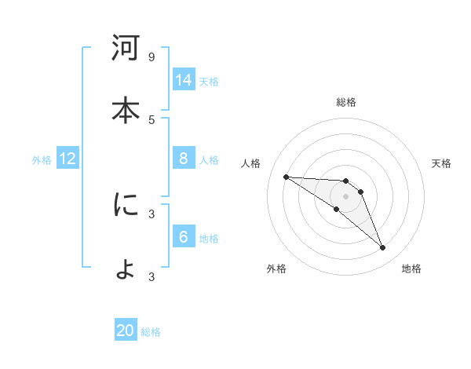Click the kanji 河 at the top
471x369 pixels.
click(x=126, y=49)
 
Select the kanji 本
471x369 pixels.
click(x=126, y=110)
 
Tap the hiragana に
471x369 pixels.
click(x=126, y=206)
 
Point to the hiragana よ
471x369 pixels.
click(x=126, y=268)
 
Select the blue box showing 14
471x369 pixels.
click(x=184, y=80)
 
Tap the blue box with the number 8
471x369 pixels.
click(x=184, y=159)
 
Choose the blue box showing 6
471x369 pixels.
click(x=184, y=237)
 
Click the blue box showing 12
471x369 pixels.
click(x=68, y=159)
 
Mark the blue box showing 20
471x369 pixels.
click(x=126, y=331)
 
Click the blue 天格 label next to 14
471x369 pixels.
click(x=209, y=82)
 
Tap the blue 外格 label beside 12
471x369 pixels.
click(x=42, y=160)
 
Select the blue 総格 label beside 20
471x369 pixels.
click(x=151, y=332)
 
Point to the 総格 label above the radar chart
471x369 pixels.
click(x=346, y=102)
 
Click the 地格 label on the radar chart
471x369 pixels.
click(x=411, y=269)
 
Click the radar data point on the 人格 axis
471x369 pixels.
click(x=286, y=177)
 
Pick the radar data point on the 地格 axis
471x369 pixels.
click(x=382, y=248)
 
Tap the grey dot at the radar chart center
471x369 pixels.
click(x=346, y=195)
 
